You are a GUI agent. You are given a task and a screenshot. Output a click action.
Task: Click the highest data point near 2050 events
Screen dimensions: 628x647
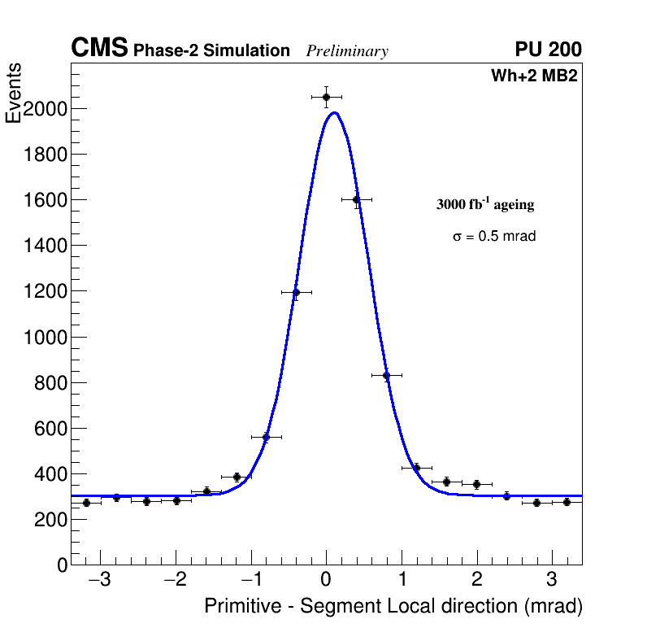pos(326,97)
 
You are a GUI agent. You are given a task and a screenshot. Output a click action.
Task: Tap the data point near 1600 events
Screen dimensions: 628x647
pos(356,199)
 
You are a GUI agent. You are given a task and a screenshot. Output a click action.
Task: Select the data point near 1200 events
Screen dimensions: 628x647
pos(296,292)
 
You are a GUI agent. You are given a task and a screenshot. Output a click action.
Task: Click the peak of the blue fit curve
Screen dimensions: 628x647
pos(334,113)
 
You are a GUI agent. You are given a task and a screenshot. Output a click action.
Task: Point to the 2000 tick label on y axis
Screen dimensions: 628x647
pos(45,109)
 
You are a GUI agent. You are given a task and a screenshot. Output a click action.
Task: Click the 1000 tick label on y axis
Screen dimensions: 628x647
pos(45,337)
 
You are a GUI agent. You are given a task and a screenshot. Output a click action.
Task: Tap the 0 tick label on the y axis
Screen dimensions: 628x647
pos(60,565)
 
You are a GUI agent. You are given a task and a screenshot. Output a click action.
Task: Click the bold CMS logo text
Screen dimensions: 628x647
pos(99,49)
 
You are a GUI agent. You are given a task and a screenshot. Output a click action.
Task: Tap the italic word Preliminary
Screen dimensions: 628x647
pos(347,51)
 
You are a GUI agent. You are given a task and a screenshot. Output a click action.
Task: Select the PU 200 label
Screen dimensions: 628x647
pos(548,50)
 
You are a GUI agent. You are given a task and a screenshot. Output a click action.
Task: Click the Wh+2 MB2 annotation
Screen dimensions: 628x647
pos(534,76)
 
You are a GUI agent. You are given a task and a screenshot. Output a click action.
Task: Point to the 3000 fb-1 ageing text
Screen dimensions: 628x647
pos(485,204)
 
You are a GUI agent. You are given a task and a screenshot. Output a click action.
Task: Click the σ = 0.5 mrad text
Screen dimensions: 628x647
pos(494,237)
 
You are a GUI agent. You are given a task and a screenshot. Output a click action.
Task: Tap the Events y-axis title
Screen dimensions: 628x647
pos(14,93)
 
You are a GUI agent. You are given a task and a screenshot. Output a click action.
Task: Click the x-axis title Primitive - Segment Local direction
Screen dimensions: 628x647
pos(393,606)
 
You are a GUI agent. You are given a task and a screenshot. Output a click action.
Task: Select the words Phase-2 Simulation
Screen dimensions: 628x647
pos(211,51)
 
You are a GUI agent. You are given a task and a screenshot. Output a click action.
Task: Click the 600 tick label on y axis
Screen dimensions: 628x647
pos(50,428)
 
